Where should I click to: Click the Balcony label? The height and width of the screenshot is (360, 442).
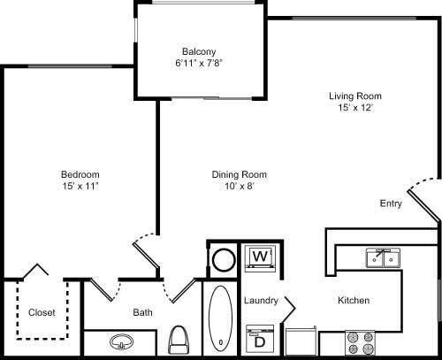(x=200, y=50)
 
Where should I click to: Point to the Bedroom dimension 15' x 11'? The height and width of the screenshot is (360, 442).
(x=80, y=187)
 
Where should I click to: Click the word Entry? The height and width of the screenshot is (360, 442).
(x=391, y=203)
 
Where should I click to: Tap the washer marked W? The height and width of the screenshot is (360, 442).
(x=260, y=257)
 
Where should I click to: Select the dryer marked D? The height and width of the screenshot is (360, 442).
(x=260, y=339)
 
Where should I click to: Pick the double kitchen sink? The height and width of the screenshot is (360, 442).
(x=383, y=257)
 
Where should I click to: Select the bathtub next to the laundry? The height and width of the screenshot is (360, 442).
(x=220, y=318)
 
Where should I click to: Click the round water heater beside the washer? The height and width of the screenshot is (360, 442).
(x=224, y=260)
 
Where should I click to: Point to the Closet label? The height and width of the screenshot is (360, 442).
(x=42, y=312)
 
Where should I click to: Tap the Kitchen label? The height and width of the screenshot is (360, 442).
(x=353, y=301)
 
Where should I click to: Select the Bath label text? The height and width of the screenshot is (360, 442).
(x=143, y=312)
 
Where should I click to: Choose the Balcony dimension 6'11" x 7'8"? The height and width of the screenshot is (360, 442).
(x=200, y=64)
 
